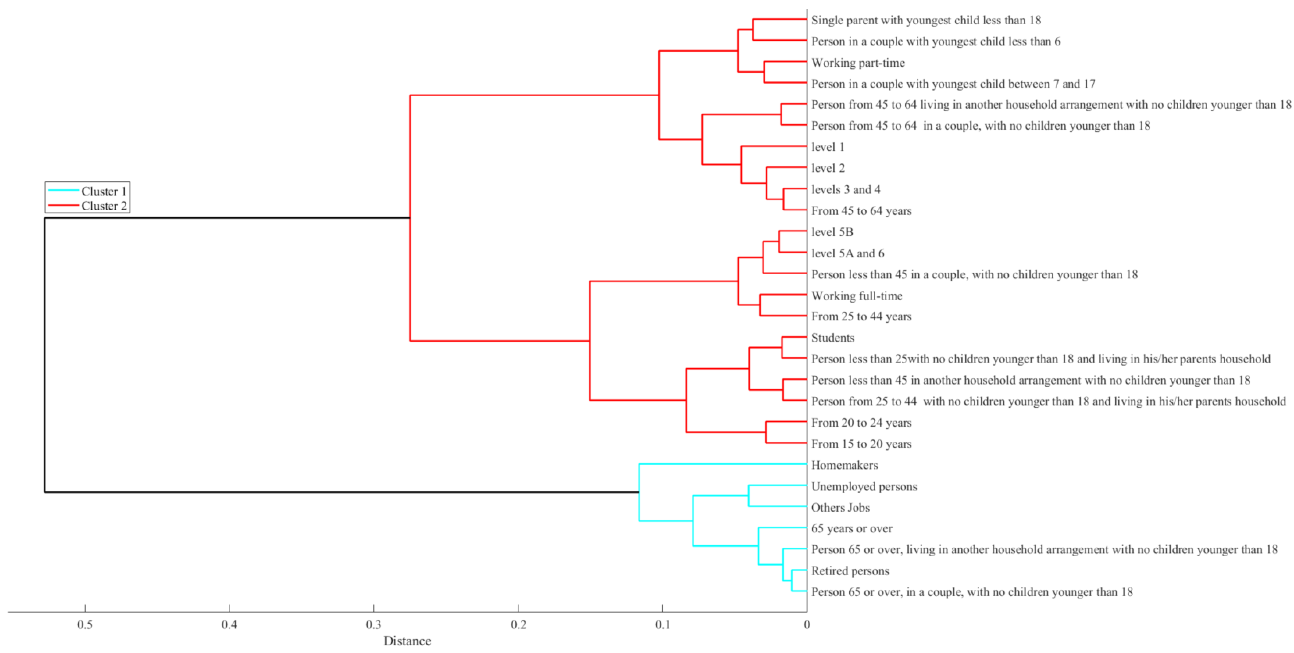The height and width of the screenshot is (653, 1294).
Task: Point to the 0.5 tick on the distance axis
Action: click(x=85, y=624)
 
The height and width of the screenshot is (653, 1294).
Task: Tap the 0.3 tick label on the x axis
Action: click(x=373, y=624)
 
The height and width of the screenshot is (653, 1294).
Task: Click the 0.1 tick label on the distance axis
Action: click(x=662, y=624)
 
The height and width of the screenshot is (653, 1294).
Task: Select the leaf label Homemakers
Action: click(x=845, y=465)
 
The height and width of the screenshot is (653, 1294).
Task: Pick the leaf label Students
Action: click(x=832, y=338)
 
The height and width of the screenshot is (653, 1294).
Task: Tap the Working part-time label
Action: click(x=858, y=63)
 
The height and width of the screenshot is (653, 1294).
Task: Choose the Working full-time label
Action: click(x=856, y=296)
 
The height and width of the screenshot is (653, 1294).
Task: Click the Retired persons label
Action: click(x=850, y=571)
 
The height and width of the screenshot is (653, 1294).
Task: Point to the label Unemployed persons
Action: click(x=864, y=486)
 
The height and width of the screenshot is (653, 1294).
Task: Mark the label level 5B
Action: click(x=832, y=232)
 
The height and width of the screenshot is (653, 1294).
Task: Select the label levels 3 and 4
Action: click(x=846, y=189)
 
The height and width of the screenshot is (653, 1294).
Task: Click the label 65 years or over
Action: click(x=852, y=529)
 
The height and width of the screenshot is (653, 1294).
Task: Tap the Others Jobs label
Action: click(x=840, y=507)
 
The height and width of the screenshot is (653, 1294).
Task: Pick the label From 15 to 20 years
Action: click(x=861, y=444)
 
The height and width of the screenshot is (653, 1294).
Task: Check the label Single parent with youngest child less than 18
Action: click(x=926, y=20)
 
